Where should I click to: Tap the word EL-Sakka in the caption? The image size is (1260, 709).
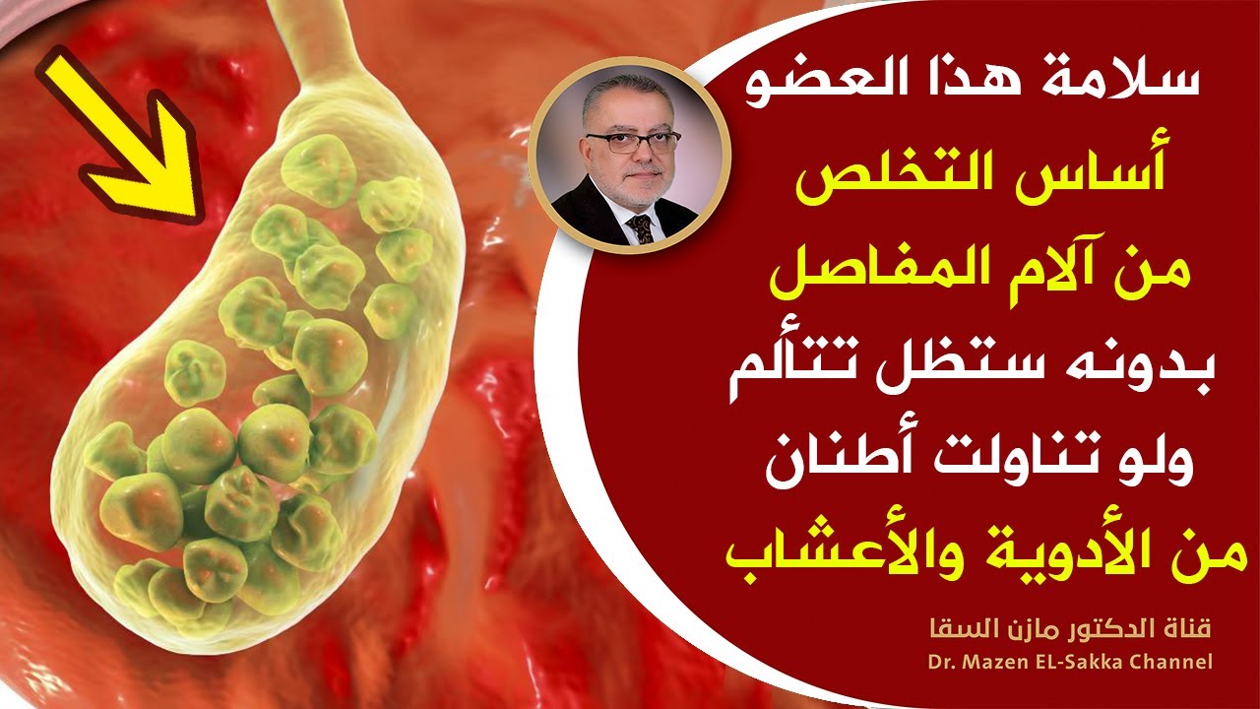(1082, 662)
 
